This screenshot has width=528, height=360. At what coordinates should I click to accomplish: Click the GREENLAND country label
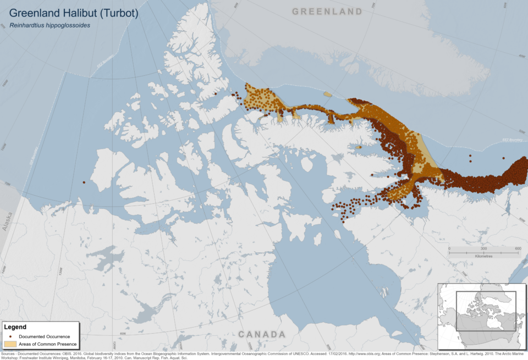pos(327,12)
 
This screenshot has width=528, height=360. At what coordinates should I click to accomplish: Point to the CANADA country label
pos(262,334)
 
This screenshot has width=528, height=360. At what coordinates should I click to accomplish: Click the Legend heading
pos(15,327)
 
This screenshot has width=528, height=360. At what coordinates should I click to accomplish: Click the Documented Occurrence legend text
pos(44,336)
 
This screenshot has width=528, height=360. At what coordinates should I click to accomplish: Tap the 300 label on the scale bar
pos(483,249)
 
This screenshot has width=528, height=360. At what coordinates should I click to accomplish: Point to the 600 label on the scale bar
pos(518,249)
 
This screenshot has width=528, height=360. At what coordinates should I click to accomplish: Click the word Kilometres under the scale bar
pos(483,256)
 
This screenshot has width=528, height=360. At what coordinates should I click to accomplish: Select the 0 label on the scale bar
pos(449,249)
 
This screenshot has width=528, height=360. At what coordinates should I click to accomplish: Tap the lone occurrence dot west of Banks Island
pos(84,182)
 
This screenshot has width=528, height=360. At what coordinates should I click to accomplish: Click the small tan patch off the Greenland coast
pos(328,95)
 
